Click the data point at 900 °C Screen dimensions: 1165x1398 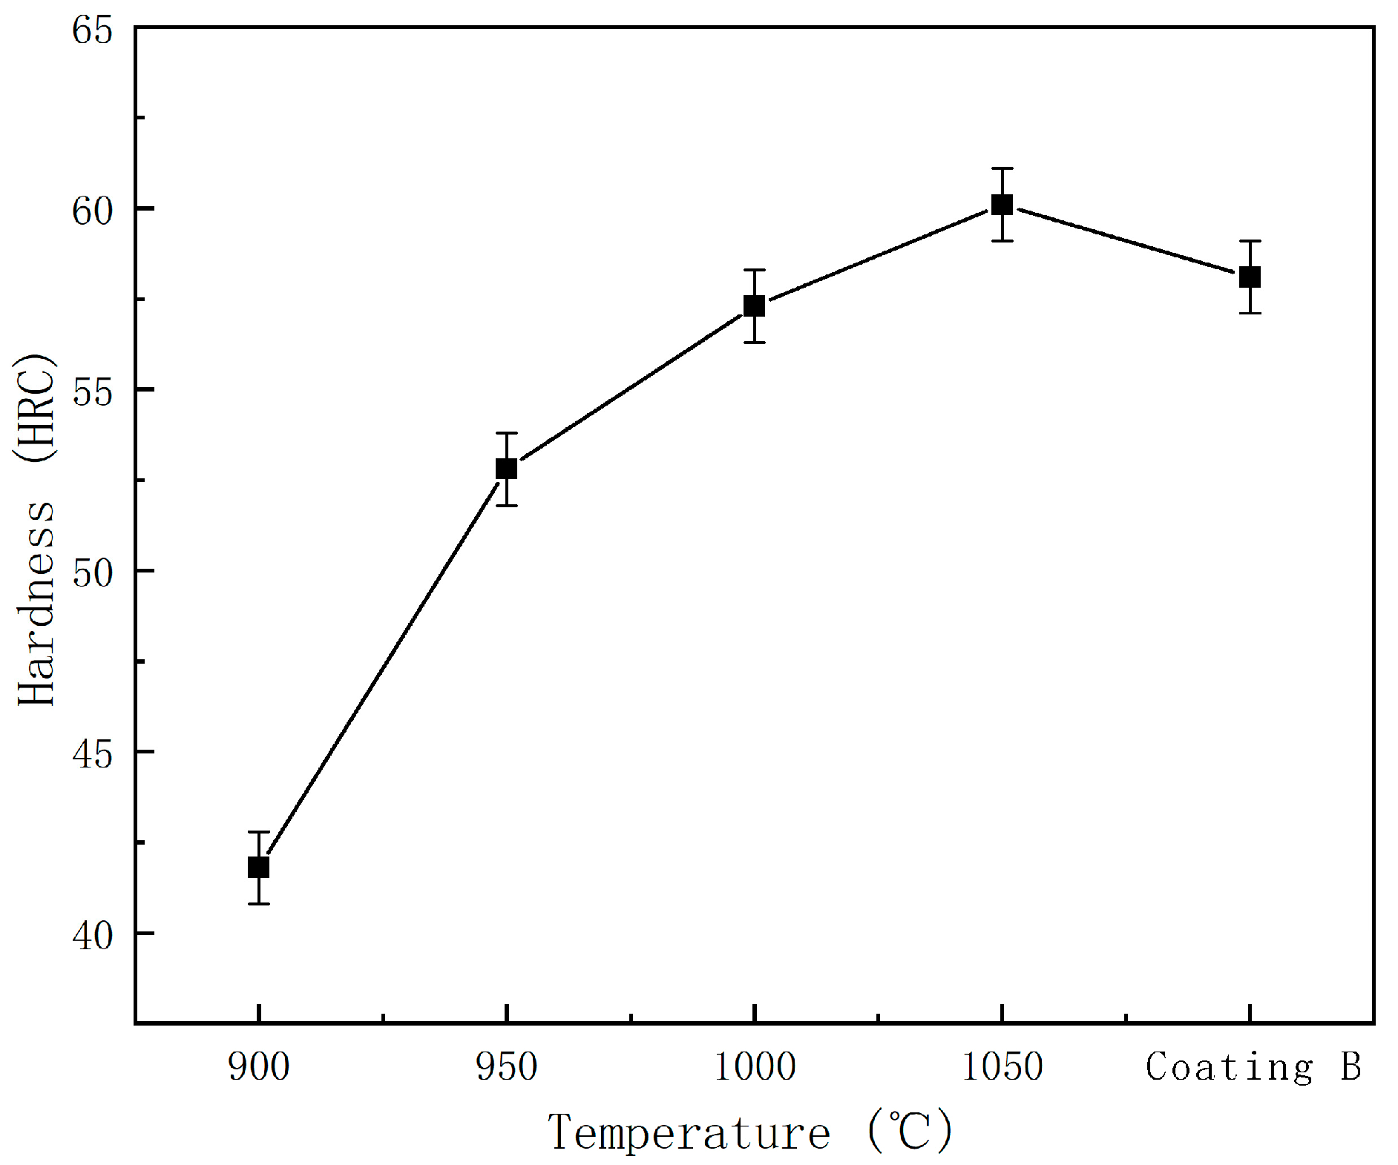tap(258, 867)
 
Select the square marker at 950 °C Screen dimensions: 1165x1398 tap(506, 469)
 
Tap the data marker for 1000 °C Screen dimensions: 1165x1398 tap(754, 306)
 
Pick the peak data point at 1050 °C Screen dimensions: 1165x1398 tap(1002, 205)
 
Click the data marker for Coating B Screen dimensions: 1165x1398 tap(1250, 277)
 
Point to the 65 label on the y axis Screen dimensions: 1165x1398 tap(92, 30)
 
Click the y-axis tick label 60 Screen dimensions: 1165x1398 tap(92, 211)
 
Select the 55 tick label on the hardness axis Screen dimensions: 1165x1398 tap(92, 392)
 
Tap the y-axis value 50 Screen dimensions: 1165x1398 tap(92, 572)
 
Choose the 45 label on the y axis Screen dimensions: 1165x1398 tap(92, 753)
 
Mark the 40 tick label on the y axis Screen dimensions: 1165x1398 tap(92, 935)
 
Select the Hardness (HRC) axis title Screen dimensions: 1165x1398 tap(36, 529)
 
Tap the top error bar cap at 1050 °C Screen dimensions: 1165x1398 tap(1002, 169)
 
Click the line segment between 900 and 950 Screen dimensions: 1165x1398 tap(382, 667)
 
